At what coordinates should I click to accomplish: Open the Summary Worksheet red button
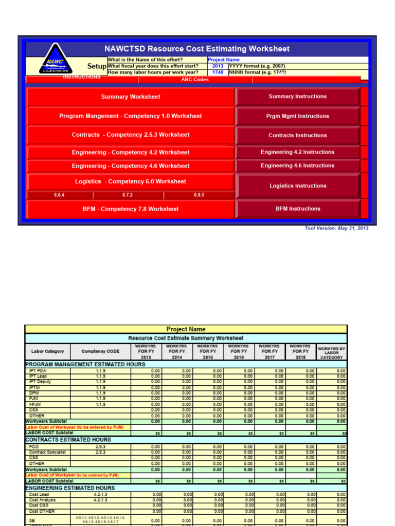pyautogui.click(x=131, y=97)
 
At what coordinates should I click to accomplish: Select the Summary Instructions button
pyautogui.click(x=297, y=97)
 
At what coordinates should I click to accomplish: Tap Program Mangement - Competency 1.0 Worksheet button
pyautogui.click(x=131, y=116)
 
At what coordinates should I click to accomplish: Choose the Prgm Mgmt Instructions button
pyautogui.click(x=297, y=116)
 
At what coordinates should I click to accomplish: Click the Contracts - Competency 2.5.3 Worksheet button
pyautogui.click(x=131, y=135)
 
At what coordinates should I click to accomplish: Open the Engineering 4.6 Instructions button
pyautogui.click(x=297, y=165)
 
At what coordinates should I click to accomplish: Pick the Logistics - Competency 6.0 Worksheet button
pyautogui.click(x=131, y=181)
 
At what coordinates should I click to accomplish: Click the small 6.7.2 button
pyautogui.click(x=128, y=195)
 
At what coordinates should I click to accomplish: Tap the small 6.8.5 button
pyautogui.click(x=199, y=195)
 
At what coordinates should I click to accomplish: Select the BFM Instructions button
pyautogui.click(x=297, y=209)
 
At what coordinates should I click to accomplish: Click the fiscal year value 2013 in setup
pyautogui.click(x=218, y=66)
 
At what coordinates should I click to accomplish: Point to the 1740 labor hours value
pyautogui.click(x=218, y=72)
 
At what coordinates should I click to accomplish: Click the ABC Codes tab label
pyautogui.click(x=195, y=80)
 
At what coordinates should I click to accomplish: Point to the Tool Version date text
pyautogui.click(x=336, y=228)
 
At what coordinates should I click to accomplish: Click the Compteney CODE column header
pyautogui.click(x=101, y=351)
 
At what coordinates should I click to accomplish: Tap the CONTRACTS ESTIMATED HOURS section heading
pyautogui.click(x=68, y=440)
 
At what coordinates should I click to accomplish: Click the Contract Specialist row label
pyautogui.click(x=47, y=452)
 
